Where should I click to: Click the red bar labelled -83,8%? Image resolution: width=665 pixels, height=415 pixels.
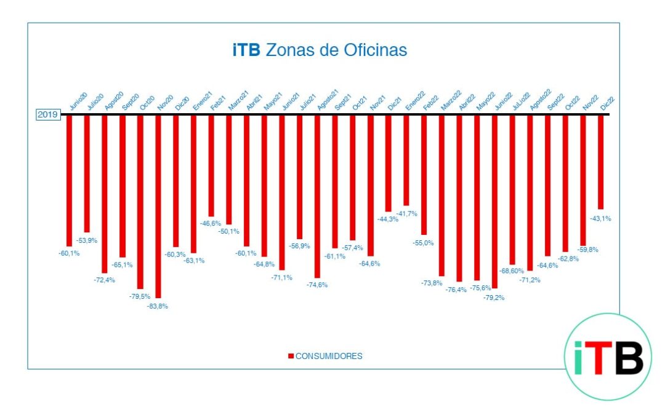coord(158,206)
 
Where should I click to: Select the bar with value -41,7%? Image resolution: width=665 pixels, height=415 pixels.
coord(406,160)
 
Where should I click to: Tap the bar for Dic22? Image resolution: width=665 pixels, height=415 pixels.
coord(600,162)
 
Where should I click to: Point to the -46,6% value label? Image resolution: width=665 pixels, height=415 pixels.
coord(211,223)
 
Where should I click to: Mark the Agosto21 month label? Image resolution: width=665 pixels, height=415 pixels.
coord(326,100)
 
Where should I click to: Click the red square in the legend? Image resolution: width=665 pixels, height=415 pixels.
coord(291,356)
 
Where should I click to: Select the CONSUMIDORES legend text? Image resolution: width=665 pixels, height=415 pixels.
coord(329,356)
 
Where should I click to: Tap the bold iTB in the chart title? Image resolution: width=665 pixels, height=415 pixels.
coord(246,50)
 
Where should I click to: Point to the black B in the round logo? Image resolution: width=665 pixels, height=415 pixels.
coord(629,358)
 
